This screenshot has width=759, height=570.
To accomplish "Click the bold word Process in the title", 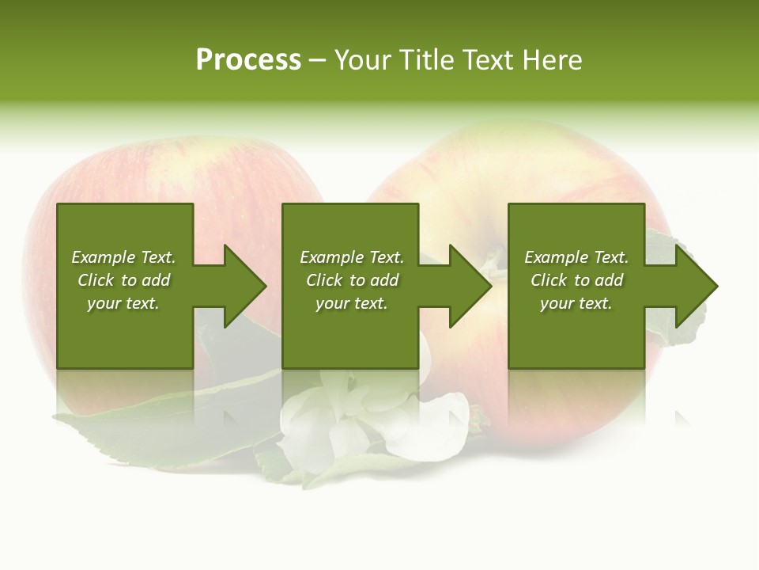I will pyautogui.click(x=248, y=60).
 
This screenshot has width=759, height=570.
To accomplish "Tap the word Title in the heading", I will pyautogui.click(x=427, y=60).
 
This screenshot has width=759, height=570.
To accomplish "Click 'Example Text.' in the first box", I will pyautogui.click(x=123, y=257).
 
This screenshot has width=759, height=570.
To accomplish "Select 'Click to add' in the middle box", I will pyautogui.click(x=352, y=280).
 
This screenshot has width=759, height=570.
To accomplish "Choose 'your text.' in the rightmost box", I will pyautogui.click(x=576, y=303).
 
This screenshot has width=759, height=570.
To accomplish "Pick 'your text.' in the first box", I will pyautogui.click(x=123, y=303).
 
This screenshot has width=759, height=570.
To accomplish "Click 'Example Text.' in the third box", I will pyautogui.click(x=576, y=257).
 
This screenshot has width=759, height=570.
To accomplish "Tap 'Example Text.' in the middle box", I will pyautogui.click(x=352, y=257).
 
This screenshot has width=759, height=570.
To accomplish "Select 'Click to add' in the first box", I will pyautogui.click(x=123, y=280).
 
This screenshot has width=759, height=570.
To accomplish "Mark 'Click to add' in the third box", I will pyautogui.click(x=576, y=280).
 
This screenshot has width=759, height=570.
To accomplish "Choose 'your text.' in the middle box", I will pyautogui.click(x=352, y=303).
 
